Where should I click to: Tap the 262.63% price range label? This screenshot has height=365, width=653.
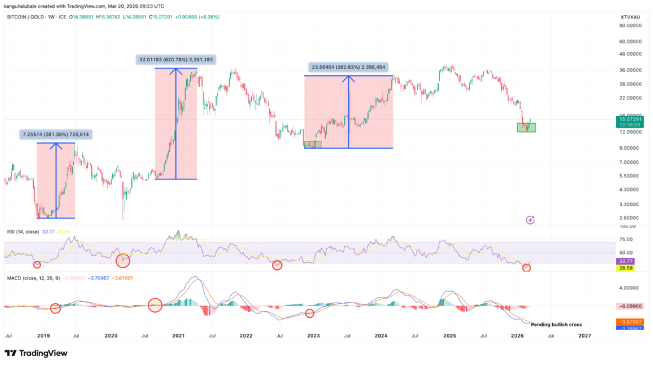[x=348, y=66]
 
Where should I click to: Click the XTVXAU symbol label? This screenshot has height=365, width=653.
[x=629, y=14]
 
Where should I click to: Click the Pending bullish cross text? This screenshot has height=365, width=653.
[x=556, y=325]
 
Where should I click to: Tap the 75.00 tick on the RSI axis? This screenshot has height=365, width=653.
[x=626, y=239]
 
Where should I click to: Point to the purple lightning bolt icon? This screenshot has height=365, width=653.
[x=530, y=220]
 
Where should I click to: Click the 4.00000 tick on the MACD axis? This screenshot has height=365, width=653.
[x=629, y=287]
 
